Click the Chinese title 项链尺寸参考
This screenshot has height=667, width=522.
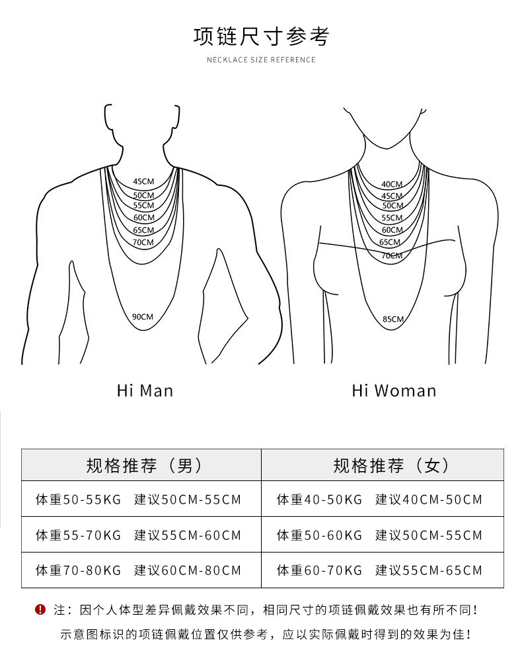coord(261,36)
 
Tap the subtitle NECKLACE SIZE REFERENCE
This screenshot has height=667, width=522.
coord(261,60)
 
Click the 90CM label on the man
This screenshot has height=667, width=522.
coord(143,317)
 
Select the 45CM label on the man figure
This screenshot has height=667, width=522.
coord(143,181)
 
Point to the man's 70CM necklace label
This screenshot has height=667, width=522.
coord(143,242)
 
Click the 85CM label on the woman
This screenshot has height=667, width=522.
coord(392,319)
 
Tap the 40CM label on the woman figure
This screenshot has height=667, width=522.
coord(392,185)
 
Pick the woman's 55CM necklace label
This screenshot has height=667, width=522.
coord(392,218)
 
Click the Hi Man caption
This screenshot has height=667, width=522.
coord(145,390)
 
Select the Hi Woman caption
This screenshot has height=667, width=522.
coord(394,390)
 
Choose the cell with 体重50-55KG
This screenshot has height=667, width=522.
coord(79,500)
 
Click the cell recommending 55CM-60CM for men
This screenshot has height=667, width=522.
coord(188,535)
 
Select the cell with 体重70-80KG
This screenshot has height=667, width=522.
coord(79,570)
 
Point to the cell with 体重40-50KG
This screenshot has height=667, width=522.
coord(320,500)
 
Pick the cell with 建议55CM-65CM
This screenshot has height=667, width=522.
coord(429,570)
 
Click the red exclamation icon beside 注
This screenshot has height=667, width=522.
coord(40,609)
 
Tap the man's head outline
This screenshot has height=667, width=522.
coord(141,122)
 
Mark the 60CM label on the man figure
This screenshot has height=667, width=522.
coord(143,218)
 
